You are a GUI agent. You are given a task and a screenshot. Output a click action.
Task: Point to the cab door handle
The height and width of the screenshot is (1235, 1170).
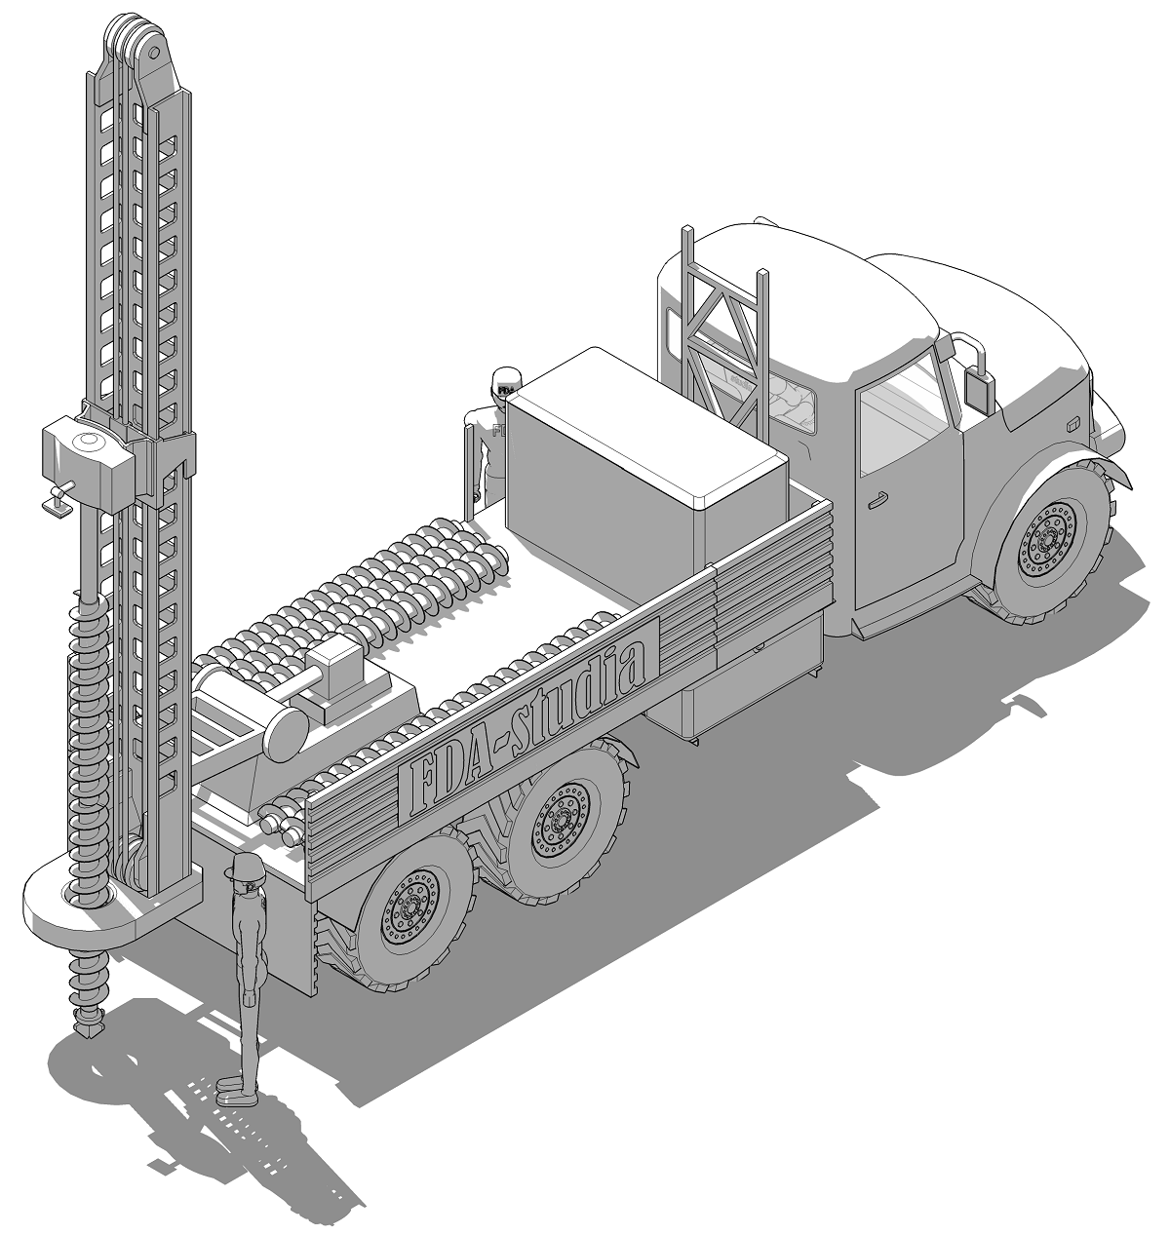click(877, 500)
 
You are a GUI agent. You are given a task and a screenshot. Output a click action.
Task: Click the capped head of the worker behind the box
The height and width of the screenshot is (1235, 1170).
click(506, 382)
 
